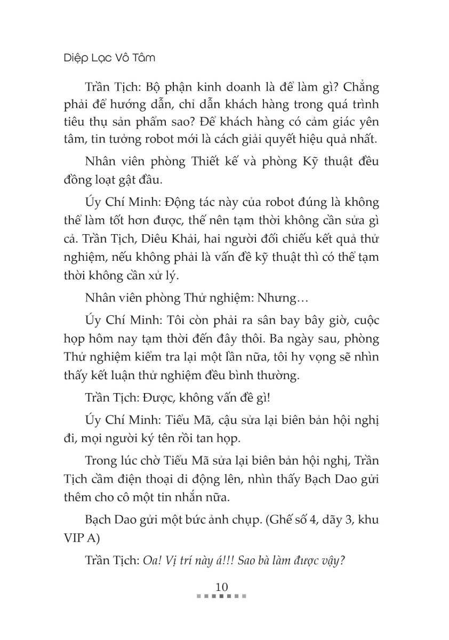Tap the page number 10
click(221, 587)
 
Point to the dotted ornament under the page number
click(221, 596)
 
